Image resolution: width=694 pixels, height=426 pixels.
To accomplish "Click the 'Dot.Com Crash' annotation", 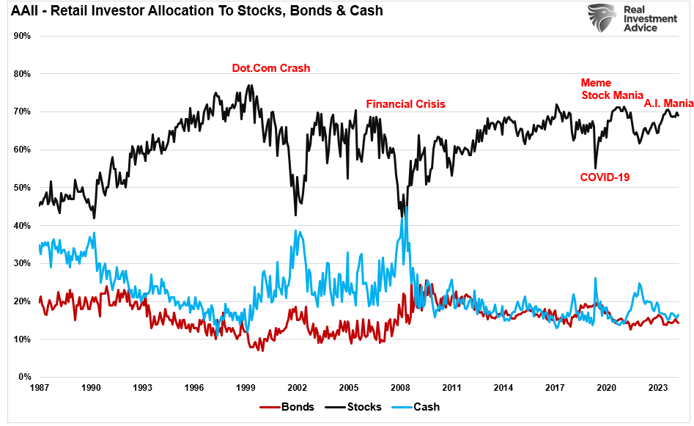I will (270, 68).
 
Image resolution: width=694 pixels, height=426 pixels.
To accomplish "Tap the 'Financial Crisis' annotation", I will (405, 104).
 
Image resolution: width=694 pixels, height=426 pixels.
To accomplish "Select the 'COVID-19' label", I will (605, 177).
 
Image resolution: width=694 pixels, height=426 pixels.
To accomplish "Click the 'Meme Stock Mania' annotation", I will (612, 89).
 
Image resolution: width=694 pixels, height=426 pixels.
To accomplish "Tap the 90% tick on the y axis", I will (21, 36).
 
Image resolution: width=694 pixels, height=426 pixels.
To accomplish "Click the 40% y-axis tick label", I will (21, 226).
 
